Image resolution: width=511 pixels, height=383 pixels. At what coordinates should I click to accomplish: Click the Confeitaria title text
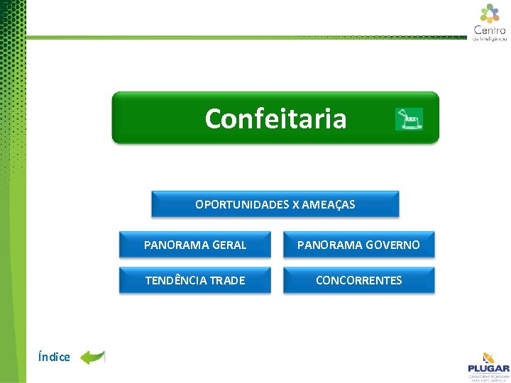tap(275, 118)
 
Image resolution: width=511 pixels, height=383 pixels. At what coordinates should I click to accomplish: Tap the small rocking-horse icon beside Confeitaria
tap(409, 119)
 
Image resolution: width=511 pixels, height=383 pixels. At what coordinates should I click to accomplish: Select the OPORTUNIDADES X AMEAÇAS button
tap(275, 204)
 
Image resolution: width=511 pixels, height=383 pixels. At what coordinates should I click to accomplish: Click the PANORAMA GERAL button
tap(195, 245)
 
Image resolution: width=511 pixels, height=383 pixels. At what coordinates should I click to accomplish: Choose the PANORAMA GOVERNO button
tap(358, 245)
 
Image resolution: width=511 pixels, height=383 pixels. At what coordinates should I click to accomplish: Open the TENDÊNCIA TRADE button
tap(195, 280)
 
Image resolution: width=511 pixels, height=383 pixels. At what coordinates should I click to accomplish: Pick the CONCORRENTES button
tap(358, 280)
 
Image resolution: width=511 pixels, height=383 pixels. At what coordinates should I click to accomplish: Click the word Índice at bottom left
tap(55, 357)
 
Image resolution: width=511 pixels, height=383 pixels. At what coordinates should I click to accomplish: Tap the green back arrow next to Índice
tap(92, 357)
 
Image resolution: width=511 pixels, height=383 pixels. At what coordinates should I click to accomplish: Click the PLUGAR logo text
tap(488, 368)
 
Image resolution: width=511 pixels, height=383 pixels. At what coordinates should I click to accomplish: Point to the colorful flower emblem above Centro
tap(490, 13)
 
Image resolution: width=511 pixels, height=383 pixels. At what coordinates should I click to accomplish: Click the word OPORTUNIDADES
tap(242, 204)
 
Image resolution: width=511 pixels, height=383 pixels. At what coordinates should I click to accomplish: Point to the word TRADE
tap(228, 280)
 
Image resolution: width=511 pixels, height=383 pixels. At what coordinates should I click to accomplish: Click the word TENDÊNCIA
tap(177, 280)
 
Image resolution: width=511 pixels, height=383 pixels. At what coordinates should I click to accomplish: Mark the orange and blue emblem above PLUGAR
tap(488, 357)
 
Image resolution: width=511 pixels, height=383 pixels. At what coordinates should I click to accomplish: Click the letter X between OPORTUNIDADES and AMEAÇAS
tap(295, 204)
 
